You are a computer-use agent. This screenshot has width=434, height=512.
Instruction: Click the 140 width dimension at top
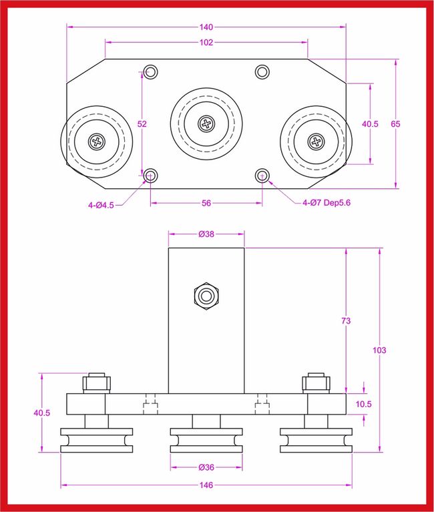(206, 27)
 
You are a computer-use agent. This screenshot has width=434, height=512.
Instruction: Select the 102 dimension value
(206, 43)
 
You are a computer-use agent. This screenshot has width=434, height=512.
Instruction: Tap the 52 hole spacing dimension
(142, 123)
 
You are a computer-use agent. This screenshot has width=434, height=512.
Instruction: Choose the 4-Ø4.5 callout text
(101, 206)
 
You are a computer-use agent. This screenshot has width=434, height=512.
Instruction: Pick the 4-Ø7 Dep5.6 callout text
(326, 202)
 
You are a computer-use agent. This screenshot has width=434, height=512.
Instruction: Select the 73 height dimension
(346, 321)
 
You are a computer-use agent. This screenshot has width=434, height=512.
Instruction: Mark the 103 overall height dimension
(381, 350)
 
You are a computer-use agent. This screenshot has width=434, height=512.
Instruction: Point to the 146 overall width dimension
(206, 485)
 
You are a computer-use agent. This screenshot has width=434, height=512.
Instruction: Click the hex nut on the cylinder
(205, 296)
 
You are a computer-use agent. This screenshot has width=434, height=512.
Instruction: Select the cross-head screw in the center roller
(206, 123)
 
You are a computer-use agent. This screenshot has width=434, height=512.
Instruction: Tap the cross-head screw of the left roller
(97, 141)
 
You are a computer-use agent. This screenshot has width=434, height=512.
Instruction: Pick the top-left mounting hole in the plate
(150, 71)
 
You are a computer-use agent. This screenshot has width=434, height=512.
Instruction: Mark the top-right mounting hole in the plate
(262, 71)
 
